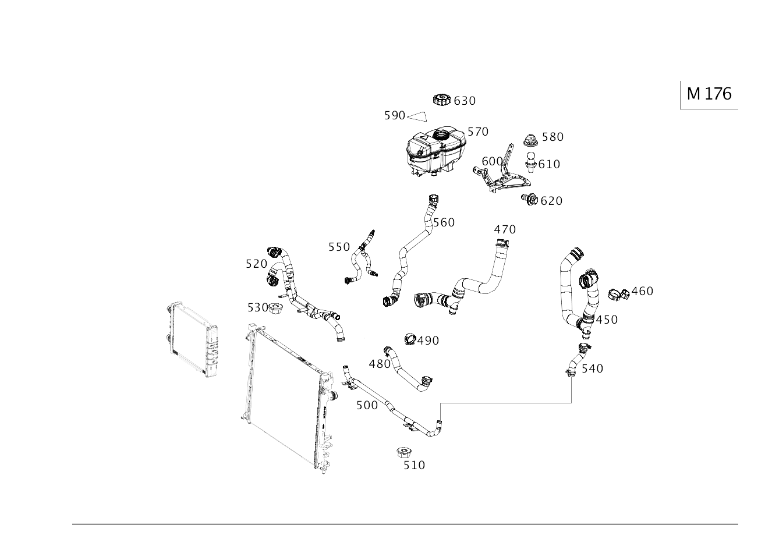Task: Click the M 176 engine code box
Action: (x=709, y=94)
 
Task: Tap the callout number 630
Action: (x=465, y=101)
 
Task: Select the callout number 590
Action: (x=394, y=116)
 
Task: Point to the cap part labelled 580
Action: (x=530, y=140)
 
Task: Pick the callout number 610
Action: (x=549, y=164)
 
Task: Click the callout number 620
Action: (x=551, y=201)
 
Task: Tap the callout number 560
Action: (x=444, y=222)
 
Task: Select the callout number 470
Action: (x=505, y=229)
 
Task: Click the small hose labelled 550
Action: (x=362, y=259)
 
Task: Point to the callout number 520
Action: (x=256, y=264)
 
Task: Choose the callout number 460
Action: (x=642, y=291)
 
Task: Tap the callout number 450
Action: (x=607, y=320)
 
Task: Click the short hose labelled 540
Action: (x=576, y=361)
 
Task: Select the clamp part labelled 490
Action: (x=410, y=338)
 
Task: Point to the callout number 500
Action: (x=367, y=405)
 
